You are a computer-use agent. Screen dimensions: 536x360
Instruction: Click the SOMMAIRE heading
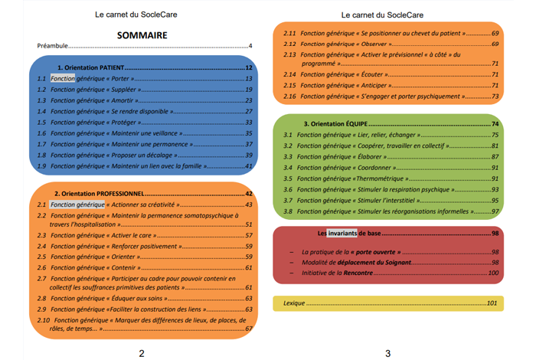[142, 35]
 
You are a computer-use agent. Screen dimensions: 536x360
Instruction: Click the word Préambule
[52, 46]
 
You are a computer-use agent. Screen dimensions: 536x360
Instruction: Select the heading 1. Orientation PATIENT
[90, 67]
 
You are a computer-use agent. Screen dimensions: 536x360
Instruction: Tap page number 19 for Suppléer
[249, 90]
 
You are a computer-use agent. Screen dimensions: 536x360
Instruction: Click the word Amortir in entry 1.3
[122, 100]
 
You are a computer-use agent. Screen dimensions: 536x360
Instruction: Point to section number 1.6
[41, 133]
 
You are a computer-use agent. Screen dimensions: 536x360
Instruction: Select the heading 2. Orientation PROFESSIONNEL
[99, 194]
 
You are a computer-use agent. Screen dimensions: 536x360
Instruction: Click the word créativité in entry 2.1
[160, 205]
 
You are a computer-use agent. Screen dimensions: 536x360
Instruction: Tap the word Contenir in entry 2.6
[123, 267]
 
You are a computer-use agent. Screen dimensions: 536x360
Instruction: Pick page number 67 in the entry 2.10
[249, 329]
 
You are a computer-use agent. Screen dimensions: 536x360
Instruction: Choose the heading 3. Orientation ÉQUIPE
[335, 124]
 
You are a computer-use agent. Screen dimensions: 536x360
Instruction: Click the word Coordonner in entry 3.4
[374, 168]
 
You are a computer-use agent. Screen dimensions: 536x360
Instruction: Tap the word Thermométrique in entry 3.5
[380, 178]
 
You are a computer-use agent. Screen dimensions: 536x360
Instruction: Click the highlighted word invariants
[342, 234]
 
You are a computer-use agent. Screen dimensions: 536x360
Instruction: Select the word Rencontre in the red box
[358, 273]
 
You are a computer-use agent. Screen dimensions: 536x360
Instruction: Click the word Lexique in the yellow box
[294, 303]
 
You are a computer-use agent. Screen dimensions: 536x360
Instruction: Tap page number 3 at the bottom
[387, 354]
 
